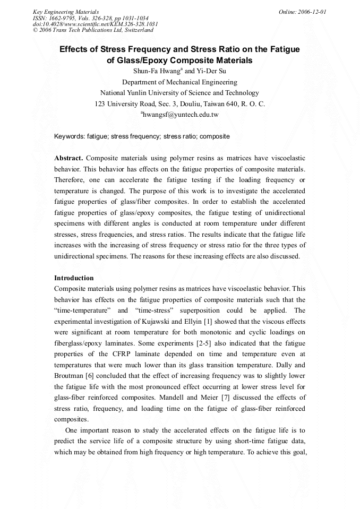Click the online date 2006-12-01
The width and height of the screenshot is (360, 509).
pos(313,12)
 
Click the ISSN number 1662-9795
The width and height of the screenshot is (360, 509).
pos(61,18)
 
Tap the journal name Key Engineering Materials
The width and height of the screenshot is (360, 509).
pos(65,12)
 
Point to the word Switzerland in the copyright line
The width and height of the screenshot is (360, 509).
pos(136,30)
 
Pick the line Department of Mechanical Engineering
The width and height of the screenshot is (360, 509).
pos(179,82)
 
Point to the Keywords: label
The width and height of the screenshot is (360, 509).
pos(70,136)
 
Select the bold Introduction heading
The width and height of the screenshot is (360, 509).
pos(74,278)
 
